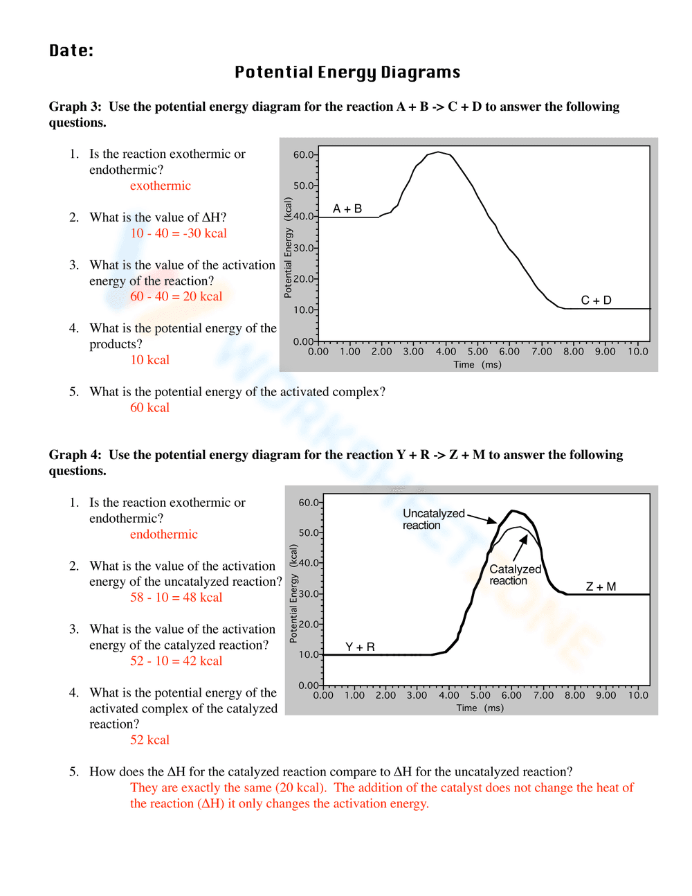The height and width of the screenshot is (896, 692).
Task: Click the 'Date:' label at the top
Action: [x=71, y=51]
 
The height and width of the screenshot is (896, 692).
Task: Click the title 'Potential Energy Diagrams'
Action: [x=347, y=73]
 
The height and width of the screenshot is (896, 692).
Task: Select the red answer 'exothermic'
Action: [x=160, y=186]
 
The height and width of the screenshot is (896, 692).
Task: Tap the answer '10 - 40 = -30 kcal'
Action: [x=179, y=233]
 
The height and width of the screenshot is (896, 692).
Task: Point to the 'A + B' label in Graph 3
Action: [x=347, y=208]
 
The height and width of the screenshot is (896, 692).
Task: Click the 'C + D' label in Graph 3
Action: [x=596, y=300]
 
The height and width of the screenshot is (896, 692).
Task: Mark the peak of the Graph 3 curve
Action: [x=439, y=152]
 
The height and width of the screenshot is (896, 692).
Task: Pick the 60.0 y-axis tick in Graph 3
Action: [x=304, y=154]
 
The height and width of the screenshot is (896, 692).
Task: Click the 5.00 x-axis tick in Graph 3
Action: [x=477, y=352]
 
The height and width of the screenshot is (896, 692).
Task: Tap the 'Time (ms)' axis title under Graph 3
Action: [x=477, y=365]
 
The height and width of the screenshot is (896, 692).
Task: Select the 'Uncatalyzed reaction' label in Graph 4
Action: [x=433, y=519]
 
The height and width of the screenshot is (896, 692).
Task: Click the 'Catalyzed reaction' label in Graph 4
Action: [x=514, y=575]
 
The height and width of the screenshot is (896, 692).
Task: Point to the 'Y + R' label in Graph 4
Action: [x=360, y=647]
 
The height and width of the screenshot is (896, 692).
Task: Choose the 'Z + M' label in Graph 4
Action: [x=601, y=586]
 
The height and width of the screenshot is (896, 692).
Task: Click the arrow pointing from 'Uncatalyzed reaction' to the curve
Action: [x=482, y=517]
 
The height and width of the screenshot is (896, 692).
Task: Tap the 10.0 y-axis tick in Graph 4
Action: [x=309, y=654]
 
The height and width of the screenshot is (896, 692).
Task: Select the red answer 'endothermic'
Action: [x=163, y=535]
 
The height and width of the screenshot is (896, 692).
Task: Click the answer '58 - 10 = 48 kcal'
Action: [x=176, y=598]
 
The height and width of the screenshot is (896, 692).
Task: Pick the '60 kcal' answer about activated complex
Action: [x=149, y=408]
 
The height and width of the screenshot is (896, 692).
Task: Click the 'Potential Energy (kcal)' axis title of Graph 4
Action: [x=293, y=593]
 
